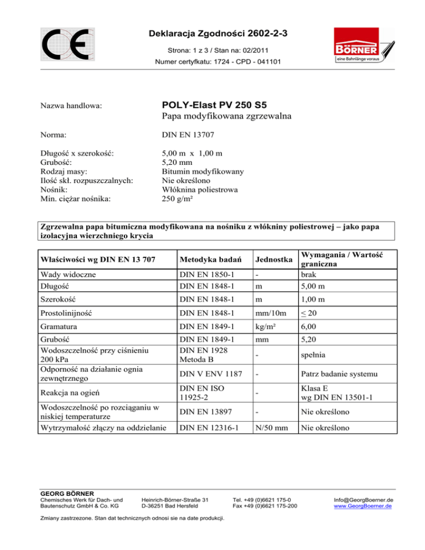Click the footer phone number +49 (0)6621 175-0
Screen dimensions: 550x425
pos(260,500)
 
